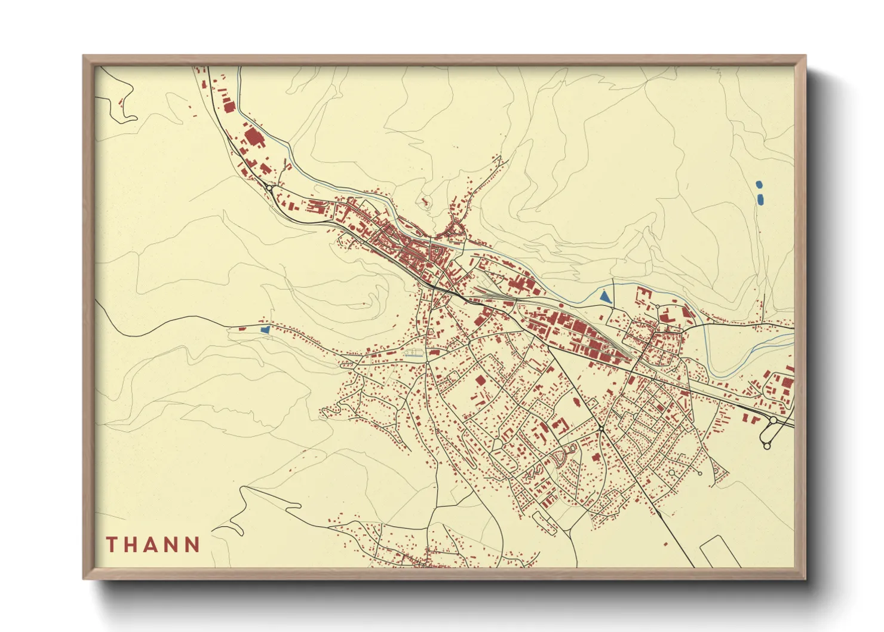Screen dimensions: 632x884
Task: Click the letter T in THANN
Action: click(112, 545)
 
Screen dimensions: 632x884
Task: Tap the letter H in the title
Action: click(132, 545)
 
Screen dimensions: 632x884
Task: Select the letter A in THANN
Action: click(152, 545)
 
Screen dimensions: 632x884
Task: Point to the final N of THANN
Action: click(192, 545)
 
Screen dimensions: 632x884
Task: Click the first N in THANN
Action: click(172, 545)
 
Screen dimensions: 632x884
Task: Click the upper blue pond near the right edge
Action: click(759, 185)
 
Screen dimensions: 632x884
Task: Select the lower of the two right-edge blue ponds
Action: click(760, 199)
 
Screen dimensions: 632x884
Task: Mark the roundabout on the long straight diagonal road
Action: click(600, 428)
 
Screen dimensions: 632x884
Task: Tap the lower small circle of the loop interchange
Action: click(767, 446)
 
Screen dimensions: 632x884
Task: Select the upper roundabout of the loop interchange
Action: click(773, 421)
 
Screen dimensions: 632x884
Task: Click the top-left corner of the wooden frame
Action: click(84, 56)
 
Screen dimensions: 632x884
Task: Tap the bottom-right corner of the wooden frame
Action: click(805, 578)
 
